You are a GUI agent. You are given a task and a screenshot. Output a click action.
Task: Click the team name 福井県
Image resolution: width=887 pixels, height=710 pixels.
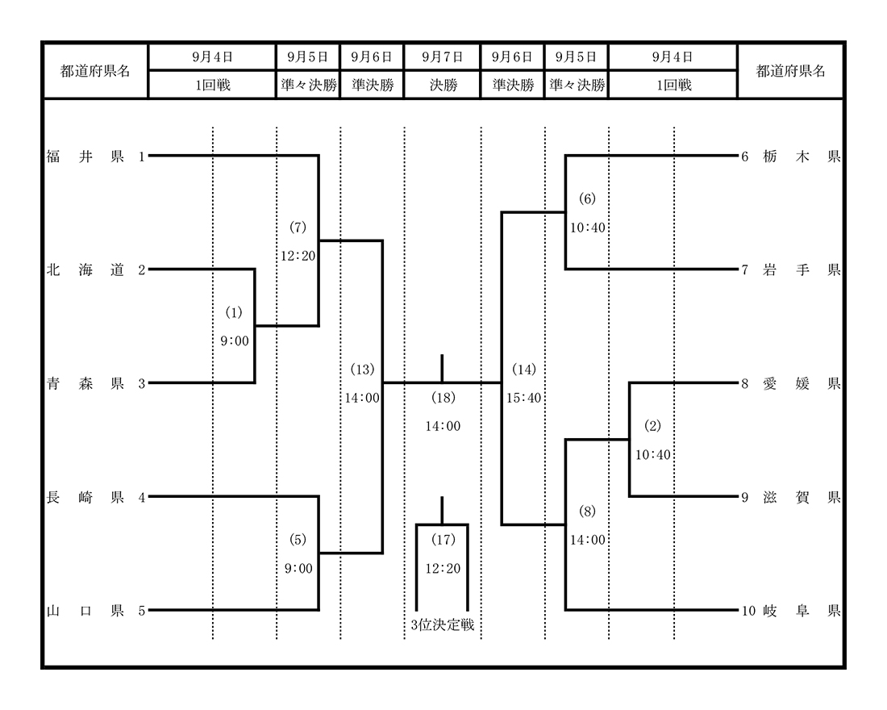tap(85, 157)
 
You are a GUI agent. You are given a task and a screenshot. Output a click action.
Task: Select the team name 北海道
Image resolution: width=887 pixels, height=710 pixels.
tap(85, 270)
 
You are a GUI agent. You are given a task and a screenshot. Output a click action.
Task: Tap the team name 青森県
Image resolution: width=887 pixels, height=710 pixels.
tap(85, 384)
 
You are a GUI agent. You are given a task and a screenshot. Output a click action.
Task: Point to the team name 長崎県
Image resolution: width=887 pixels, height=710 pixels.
tap(85, 498)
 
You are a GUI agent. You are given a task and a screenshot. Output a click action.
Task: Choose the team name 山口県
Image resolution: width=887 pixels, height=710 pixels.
tap(85, 611)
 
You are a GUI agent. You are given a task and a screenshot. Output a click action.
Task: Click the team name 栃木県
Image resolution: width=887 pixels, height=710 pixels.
tap(802, 157)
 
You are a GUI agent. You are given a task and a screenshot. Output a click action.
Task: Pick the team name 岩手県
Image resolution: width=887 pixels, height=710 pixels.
tap(802, 270)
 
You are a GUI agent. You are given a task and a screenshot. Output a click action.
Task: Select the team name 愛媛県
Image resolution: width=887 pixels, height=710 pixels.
tap(802, 384)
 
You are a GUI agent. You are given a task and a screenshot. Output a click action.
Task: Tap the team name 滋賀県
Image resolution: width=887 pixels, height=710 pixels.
tap(802, 498)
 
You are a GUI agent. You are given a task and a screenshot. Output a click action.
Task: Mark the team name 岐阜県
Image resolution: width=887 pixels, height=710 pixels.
tap(802, 611)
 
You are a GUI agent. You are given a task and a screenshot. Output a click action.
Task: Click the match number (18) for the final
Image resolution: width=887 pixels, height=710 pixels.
tap(443, 398)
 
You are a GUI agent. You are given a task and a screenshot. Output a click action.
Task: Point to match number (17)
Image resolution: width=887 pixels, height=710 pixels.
tap(443, 540)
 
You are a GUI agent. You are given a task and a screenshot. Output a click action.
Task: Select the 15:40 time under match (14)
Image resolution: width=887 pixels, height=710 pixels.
tap(524, 398)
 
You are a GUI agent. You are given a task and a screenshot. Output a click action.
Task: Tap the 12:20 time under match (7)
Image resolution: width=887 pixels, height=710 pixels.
tap(298, 256)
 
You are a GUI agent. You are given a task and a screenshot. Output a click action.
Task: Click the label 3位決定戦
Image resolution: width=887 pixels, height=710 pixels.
tap(443, 625)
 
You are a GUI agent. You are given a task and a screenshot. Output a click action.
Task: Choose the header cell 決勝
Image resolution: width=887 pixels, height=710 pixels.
tap(443, 85)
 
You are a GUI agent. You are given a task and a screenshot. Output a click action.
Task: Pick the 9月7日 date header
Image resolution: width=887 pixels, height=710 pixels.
tap(443, 56)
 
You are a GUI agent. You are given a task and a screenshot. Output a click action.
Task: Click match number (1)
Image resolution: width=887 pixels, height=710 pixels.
tap(234, 312)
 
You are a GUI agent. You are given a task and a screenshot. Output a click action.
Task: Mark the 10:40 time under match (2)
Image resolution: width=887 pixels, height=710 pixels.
tap(653, 455)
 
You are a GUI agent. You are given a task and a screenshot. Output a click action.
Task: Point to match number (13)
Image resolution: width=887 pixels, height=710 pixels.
tap(362, 370)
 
